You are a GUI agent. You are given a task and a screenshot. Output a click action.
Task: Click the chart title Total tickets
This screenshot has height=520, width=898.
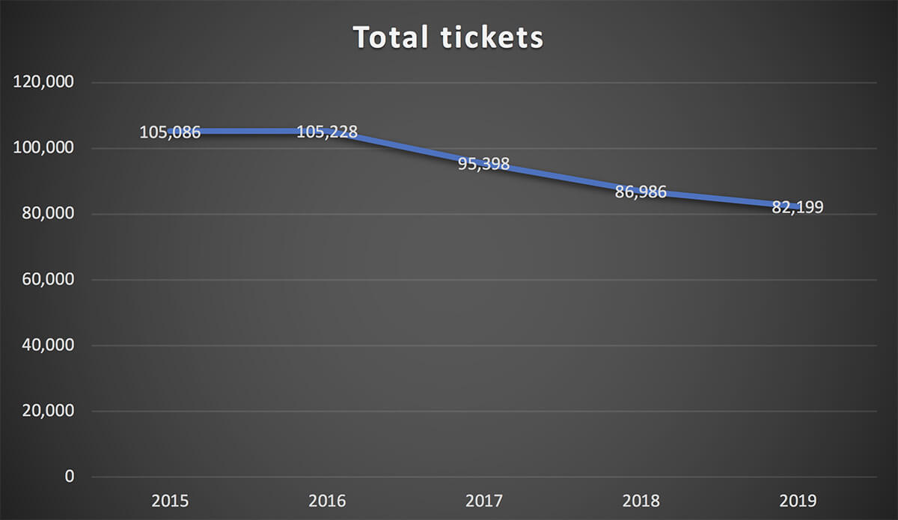pyautogui.click(x=448, y=37)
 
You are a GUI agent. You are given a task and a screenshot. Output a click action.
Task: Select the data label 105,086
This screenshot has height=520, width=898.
pyautogui.click(x=170, y=132)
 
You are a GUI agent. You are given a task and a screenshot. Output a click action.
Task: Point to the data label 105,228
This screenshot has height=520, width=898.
pyautogui.click(x=327, y=132)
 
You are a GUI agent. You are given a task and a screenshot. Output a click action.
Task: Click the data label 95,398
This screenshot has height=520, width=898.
pyautogui.click(x=484, y=164)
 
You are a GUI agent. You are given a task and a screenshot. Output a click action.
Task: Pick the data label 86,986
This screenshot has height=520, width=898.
pyautogui.click(x=641, y=192)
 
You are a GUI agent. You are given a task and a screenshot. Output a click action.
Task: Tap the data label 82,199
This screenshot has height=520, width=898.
pyautogui.click(x=798, y=207)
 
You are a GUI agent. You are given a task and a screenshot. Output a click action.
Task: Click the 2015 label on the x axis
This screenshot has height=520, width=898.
pyautogui.click(x=170, y=500)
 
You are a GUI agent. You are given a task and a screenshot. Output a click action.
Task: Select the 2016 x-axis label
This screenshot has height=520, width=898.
pyautogui.click(x=327, y=500)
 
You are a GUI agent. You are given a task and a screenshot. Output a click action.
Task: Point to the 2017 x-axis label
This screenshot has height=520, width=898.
pyautogui.click(x=484, y=500)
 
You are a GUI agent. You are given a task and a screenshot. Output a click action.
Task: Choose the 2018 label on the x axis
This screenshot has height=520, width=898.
pyautogui.click(x=641, y=500)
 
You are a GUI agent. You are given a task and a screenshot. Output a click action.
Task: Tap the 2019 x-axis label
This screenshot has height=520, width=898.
pyautogui.click(x=798, y=500)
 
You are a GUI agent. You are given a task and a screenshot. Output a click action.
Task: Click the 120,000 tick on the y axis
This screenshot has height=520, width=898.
pyautogui.click(x=44, y=82)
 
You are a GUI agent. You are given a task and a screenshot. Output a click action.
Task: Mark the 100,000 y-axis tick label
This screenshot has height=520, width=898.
pyautogui.click(x=44, y=148)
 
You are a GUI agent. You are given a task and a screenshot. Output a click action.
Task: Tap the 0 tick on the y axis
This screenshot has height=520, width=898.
pyautogui.click(x=70, y=477)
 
